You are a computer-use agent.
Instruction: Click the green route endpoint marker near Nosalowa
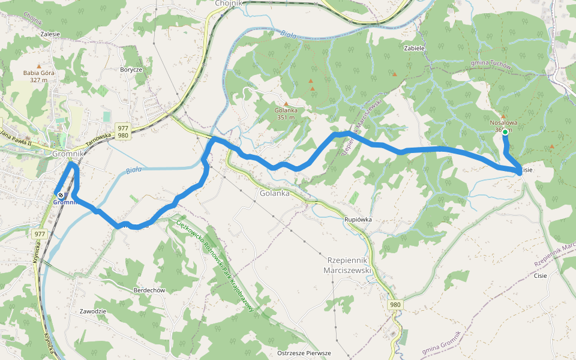505,132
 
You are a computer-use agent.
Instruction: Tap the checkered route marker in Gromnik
60,194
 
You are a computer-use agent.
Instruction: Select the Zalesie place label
50,34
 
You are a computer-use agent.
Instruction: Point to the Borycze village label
131,70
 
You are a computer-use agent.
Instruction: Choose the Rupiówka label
358,220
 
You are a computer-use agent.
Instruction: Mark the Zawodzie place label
93,311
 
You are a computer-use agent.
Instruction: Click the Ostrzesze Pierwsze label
304,353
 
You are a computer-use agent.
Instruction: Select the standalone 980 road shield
394,305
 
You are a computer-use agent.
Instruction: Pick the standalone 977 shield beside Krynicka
40,234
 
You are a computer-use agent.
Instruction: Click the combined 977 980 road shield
122,131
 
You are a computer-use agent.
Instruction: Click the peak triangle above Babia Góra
39,66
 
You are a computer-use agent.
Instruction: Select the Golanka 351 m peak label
286,114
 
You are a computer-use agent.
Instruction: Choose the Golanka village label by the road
275,193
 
